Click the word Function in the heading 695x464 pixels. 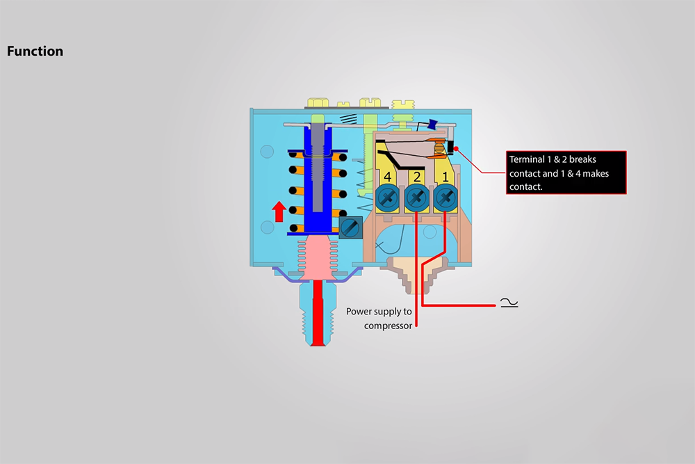pos(35,51)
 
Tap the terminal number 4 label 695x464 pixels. pos(388,177)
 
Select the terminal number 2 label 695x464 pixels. pos(416,177)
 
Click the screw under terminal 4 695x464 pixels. pos(388,198)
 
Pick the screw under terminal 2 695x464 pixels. pos(416,198)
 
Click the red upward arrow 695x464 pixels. pos(279,211)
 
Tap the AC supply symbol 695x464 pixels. pos(509,303)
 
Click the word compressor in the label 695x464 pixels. pos(388,325)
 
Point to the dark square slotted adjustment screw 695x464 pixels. pos(350,227)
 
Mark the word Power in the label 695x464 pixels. pos(360,311)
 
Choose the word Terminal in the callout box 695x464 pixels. pos(527,159)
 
